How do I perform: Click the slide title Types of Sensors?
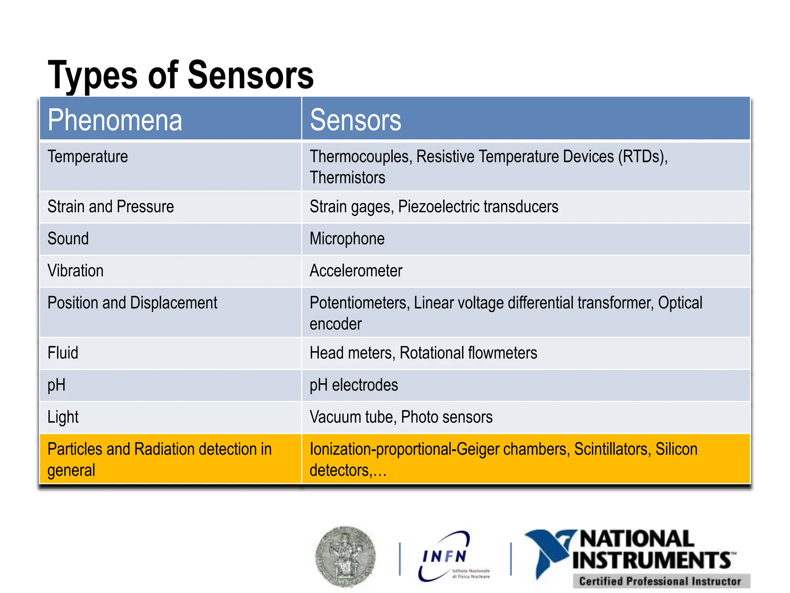[181, 75]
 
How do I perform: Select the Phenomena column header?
[115, 120]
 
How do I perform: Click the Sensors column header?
[355, 120]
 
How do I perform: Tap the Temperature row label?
[88, 157]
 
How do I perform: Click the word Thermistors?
[347, 178]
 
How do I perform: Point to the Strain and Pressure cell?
[111, 207]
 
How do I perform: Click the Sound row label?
[68, 239]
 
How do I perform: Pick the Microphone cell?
[347, 239]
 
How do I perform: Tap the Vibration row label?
[75, 271]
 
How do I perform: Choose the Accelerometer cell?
[356, 271]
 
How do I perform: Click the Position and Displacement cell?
[132, 303]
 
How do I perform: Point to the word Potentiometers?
[359, 303]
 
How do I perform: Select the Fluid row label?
[62, 353]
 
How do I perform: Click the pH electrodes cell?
[354, 385]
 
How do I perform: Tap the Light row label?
[63, 417]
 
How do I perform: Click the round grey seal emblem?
[345, 556]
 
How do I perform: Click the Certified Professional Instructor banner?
[660, 581]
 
